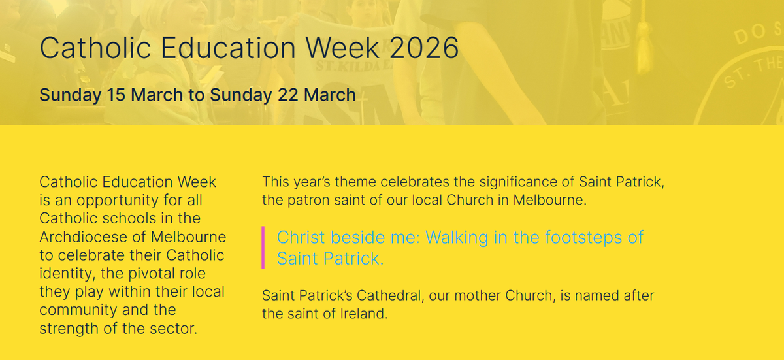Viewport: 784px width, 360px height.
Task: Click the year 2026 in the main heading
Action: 424,48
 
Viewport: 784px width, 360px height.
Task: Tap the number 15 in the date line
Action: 116,95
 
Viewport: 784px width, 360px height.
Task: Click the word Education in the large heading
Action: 228,48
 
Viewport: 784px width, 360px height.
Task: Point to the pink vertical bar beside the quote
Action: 263,248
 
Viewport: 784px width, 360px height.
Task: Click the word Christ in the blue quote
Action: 301,237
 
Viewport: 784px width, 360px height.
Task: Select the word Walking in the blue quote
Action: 457,238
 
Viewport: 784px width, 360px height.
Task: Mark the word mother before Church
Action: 478,295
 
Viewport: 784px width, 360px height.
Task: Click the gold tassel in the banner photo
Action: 644,46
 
